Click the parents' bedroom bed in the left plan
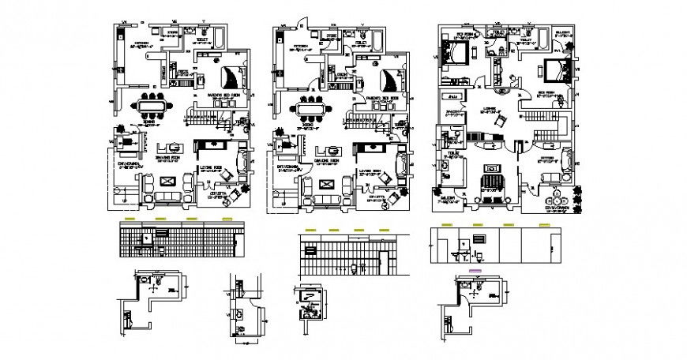coord(231,78)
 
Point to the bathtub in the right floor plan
coord(545,37)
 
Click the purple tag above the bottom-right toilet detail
coord(475,271)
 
